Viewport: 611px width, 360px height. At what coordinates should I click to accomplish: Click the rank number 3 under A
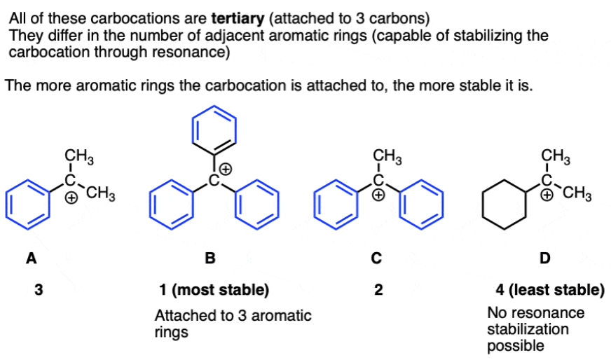click(37, 289)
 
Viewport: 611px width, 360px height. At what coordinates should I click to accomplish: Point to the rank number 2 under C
click(378, 289)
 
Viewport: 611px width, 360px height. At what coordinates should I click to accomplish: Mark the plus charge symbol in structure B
click(227, 169)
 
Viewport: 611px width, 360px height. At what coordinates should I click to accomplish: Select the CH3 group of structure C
click(386, 155)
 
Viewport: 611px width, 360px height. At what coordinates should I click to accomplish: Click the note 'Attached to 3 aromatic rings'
click(233, 323)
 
